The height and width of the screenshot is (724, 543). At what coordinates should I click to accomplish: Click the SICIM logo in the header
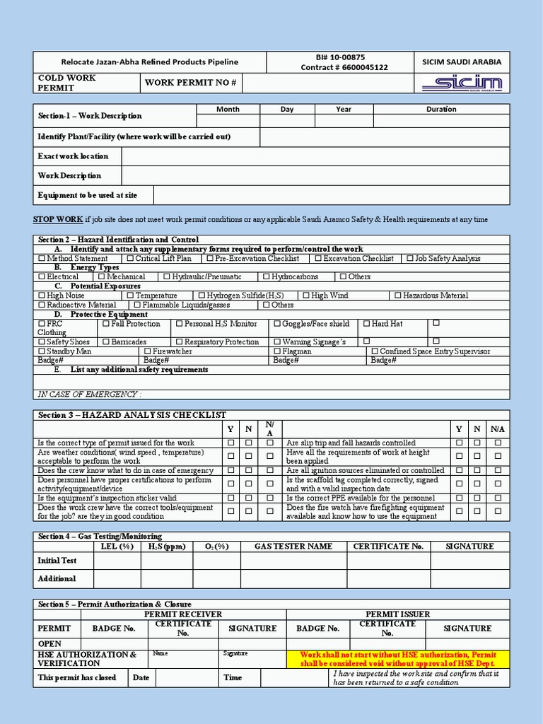coord(462,84)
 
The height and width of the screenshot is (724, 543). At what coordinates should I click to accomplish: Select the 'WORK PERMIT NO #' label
coord(190,83)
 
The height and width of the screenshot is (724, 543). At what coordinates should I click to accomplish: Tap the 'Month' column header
coord(228,110)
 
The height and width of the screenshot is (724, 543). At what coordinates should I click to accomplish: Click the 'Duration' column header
coord(441,110)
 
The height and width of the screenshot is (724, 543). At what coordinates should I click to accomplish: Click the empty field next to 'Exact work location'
coord(315,156)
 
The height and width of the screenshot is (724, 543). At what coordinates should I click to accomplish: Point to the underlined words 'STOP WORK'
coord(58,219)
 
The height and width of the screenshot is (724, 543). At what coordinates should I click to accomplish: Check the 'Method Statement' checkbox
coord(42,259)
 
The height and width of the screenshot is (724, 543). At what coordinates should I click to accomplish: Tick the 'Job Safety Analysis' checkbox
coord(411,259)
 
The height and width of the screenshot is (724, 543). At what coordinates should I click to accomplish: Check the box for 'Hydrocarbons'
coord(267,277)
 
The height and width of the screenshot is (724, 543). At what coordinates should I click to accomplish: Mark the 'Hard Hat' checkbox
coord(366,324)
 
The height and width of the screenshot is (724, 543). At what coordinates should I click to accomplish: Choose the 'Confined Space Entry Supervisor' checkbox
coord(374,351)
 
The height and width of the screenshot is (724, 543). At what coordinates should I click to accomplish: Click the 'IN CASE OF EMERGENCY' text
coord(89,394)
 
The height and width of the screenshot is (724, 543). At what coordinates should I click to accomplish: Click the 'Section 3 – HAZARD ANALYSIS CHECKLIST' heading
coord(132,415)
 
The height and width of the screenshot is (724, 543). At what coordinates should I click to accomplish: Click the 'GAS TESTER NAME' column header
coord(293,547)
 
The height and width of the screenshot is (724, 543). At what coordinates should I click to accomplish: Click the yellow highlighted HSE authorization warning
coord(398,659)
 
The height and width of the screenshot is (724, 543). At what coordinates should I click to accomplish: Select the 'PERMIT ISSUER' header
coord(397,614)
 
